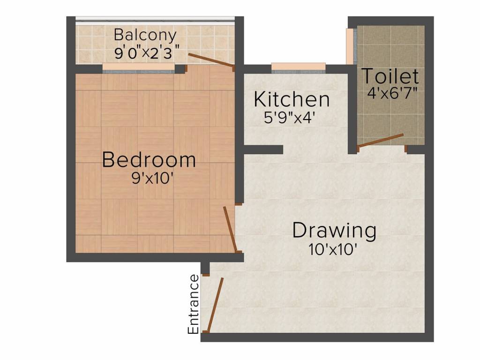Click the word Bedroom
click(x=149, y=160)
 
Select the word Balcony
click(x=145, y=35)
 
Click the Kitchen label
click(x=292, y=100)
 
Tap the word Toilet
click(x=390, y=76)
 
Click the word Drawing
click(x=334, y=231)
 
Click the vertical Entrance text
click(x=193, y=304)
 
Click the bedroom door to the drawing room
click(x=230, y=229)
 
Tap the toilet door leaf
click(x=380, y=140)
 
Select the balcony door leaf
click(x=211, y=60)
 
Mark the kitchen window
click(x=299, y=68)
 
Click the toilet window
click(x=351, y=46)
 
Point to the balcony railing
click(x=155, y=20)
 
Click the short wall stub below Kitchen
click(x=263, y=150)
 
